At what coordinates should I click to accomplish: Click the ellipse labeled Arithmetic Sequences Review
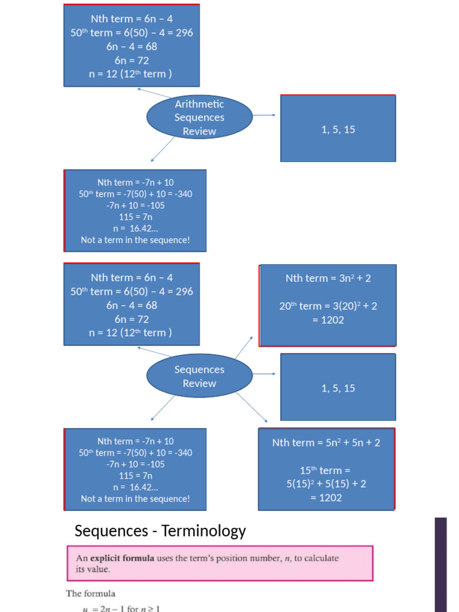[199, 117]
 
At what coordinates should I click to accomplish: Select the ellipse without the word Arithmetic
[199, 377]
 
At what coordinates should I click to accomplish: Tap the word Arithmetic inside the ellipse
[199, 104]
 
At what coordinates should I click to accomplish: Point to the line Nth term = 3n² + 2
[332, 278]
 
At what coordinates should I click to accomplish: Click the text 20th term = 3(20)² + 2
[328, 305]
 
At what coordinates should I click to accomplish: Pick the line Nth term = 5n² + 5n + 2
[326, 442]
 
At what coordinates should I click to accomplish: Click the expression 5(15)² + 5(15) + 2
[326, 484]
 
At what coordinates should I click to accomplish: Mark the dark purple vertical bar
[440, 564]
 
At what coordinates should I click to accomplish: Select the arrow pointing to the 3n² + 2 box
[244, 348]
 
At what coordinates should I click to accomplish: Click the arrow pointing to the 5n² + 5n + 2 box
[252, 408]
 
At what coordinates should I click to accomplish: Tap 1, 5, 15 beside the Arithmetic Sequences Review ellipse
[338, 129]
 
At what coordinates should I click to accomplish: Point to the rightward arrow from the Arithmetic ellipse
[264, 115]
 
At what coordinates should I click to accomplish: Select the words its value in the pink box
[93, 570]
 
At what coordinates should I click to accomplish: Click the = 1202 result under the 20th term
[328, 320]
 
